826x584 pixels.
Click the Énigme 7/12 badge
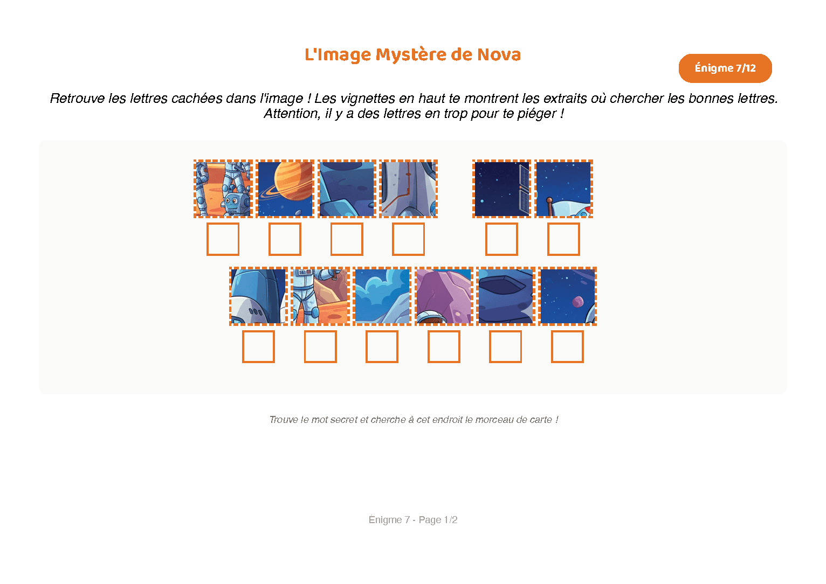point(725,68)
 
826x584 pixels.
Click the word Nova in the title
point(499,54)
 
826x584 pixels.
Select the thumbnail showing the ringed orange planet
point(285,189)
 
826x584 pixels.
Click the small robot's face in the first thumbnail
point(232,203)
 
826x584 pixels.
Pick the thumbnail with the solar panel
point(502,189)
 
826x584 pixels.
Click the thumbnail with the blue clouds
point(382,296)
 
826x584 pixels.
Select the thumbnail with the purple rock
point(444,296)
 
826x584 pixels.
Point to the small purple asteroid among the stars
point(577,301)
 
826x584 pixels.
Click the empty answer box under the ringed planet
point(285,239)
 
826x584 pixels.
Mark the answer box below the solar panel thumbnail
point(501,239)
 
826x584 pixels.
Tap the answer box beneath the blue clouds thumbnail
point(382,346)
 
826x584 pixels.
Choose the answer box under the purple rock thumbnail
point(444,346)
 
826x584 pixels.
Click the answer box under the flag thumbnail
point(563,239)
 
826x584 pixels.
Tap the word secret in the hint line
point(343,420)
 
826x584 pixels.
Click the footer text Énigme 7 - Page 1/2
point(413,520)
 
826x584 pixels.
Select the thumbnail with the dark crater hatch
point(506,296)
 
